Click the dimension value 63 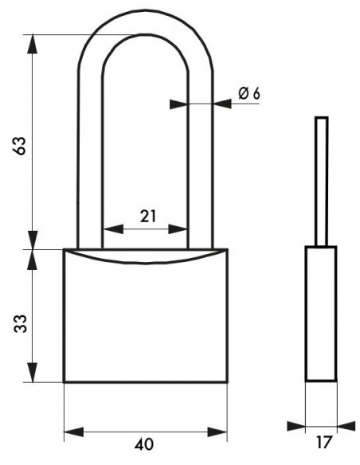(x=20, y=145)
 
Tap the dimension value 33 (x=20, y=323)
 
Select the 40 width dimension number (x=144, y=444)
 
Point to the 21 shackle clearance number (x=147, y=216)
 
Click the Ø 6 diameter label (x=249, y=93)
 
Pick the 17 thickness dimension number (x=323, y=443)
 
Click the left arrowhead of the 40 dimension (x=74, y=432)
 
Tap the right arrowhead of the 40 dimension (x=217, y=432)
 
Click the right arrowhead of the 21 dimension (x=178, y=229)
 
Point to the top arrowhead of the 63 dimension (x=33, y=44)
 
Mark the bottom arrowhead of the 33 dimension (x=33, y=372)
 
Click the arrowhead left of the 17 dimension (x=296, y=426)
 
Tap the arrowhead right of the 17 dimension (x=346, y=426)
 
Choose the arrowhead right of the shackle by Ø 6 (x=222, y=104)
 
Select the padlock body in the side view (x=321, y=314)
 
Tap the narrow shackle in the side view (x=322, y=182)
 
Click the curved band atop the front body (x=145, y=256)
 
